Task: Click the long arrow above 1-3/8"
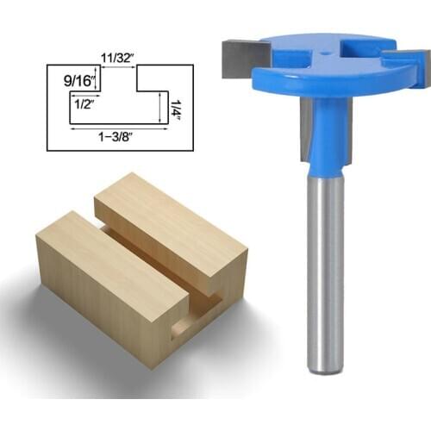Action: [118, 128]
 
